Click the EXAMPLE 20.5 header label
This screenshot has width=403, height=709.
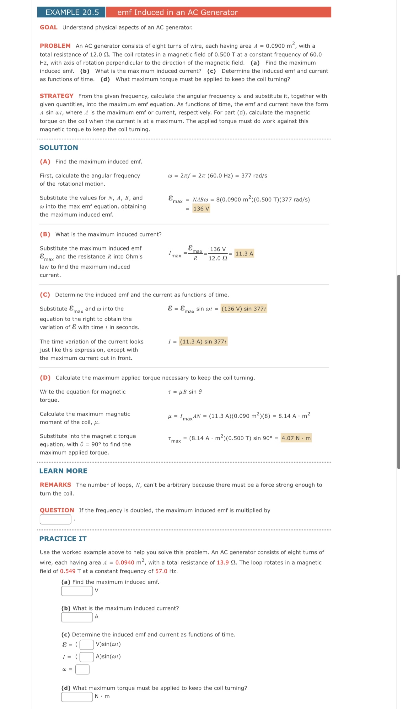click(72, 12)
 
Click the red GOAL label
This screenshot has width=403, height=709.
click(48, 28)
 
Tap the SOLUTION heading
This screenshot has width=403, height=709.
click(58, 148)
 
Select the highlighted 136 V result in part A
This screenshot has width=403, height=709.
click(201, 209)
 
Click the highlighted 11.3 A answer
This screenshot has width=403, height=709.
click(244, 254)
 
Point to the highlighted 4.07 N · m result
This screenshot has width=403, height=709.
click(296, 438)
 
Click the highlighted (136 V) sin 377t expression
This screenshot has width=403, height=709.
click(244, 309)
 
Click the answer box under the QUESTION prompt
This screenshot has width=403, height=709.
click(56, 520)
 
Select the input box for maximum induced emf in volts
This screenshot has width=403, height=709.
click(77, 591)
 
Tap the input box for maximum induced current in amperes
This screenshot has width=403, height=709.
click(77, 617)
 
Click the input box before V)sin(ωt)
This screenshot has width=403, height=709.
click(87, 645)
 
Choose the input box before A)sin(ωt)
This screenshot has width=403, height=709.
click(87, 657)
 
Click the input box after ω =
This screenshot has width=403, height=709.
click(82, 669)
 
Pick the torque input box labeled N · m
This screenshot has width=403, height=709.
click(77, 697)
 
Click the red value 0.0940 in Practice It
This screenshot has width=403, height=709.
click(125, 563)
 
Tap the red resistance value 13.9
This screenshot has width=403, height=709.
click(223, 563)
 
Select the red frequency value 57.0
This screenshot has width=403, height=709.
click(161, 571)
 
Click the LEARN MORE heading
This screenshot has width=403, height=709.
click(63, 471)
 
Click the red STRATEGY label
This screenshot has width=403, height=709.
click(56, 96)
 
